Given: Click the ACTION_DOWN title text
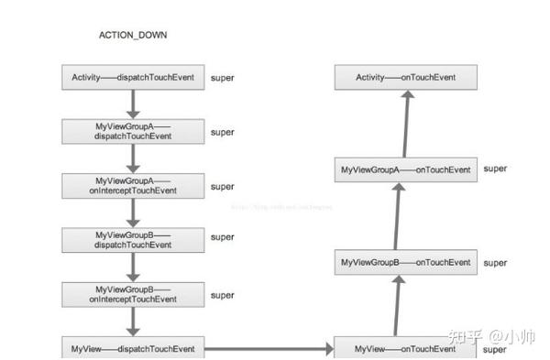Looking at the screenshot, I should pos(133,35).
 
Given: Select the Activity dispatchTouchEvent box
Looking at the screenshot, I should pos(133,78).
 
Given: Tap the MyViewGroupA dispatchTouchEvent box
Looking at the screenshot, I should pos(133,131).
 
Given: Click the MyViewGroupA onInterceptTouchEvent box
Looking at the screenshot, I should pos(133,185).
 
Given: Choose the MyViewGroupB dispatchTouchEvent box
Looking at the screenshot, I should pos(133,240).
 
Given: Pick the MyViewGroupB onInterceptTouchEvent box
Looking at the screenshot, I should pos(133,294).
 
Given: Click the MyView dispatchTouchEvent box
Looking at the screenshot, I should pos(133,348).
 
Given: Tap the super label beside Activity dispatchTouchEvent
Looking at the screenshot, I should pos(222,78).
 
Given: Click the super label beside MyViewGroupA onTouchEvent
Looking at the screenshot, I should pos(495,169).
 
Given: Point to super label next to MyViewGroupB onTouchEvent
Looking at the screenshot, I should pos(495,263).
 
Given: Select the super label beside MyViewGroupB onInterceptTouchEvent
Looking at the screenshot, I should pos(222,295).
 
